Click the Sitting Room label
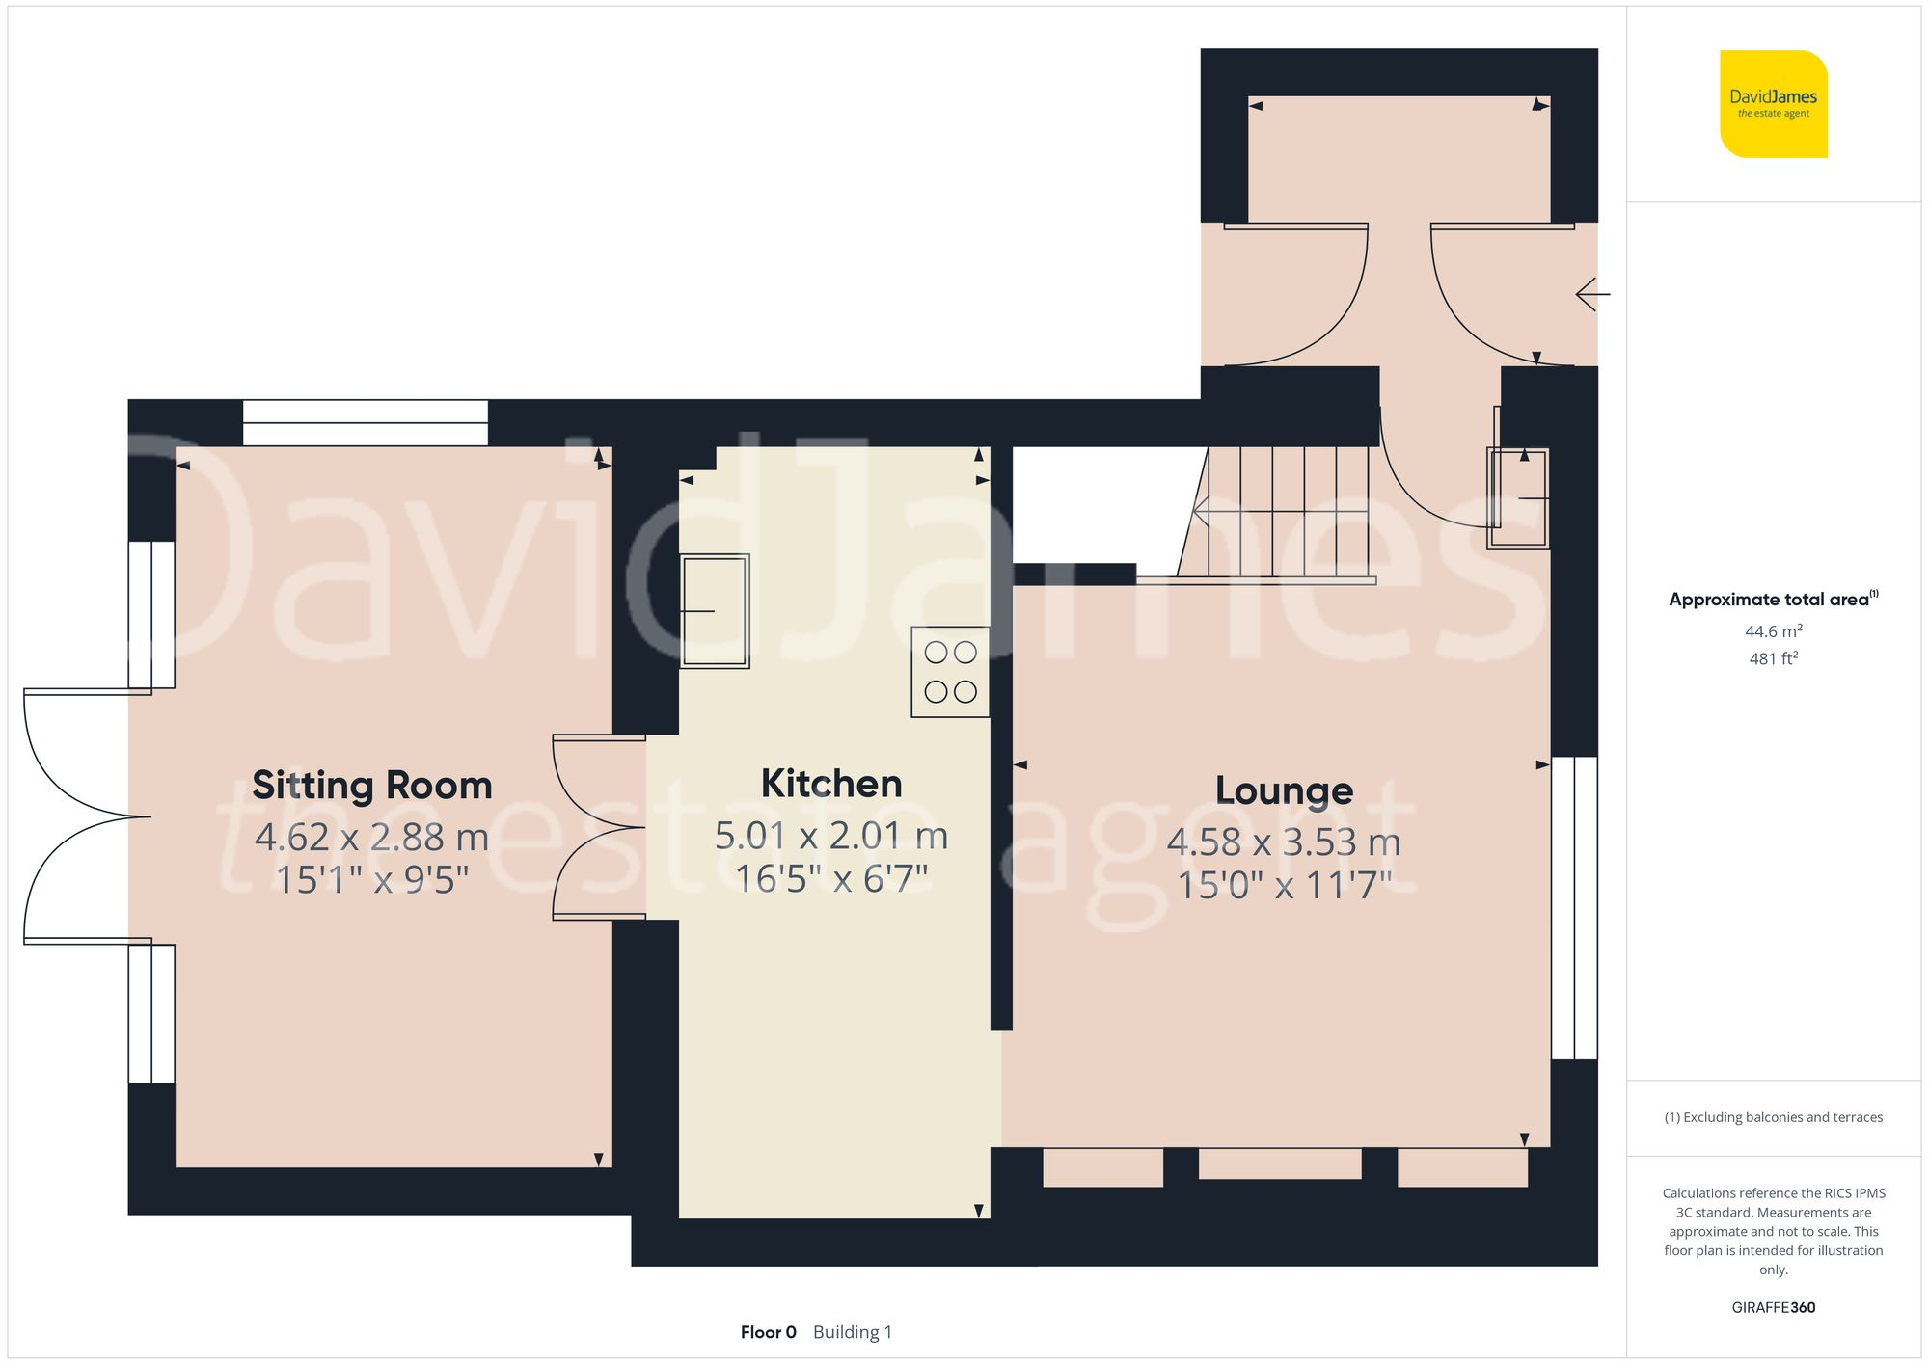pos(372,786)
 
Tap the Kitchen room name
pos(831,784)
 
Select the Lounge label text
pos(1284,790)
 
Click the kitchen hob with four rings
pos(950,672)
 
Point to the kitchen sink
pos(715,611)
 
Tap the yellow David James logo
pos(1773,104)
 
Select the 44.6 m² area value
pos(1773,631)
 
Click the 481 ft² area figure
pos(1773,658)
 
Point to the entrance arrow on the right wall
pos(1592,294)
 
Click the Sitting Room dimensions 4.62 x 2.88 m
pos(372,837)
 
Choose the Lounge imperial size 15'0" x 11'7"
pos(1284,885)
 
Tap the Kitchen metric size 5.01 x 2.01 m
pos(831,835)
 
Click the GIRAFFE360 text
pos(1773,1307)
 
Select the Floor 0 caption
pos(768,1332)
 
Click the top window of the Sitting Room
pos(365,422)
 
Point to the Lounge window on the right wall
pos(1574,908)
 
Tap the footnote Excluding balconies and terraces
pos(1773,1117)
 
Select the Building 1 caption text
pos(853,1332)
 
